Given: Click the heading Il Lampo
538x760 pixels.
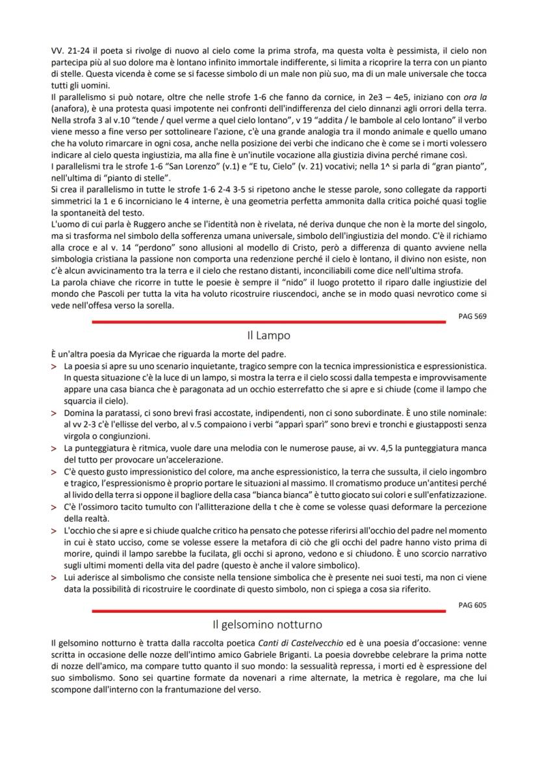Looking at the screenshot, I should click(x=268, y=336).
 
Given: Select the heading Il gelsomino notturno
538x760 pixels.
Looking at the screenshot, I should click(x=268, y=624).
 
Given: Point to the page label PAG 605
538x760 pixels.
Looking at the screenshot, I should click(x=472, y=604).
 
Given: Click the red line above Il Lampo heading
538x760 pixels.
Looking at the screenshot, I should click(x=268, y=321).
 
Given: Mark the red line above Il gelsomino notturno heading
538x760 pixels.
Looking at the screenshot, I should click(x=268, y=610).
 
